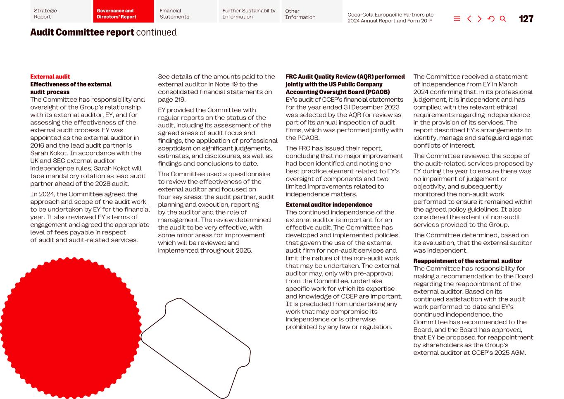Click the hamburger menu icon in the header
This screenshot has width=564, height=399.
[x=457, y=19]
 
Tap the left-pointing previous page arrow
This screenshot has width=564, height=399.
[x=469, y=19]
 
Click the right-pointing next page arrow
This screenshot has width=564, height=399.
[x=480, y=19]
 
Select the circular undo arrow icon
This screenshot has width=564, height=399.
[x=491, y=19]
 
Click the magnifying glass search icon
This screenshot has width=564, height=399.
[x=503, y=19]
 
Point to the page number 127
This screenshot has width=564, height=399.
[x=526, y=19]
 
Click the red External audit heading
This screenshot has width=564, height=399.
[x=50, y=76]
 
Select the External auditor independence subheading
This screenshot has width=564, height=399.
[x=329, y=205]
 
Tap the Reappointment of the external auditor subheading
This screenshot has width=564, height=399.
[x=467, y=261]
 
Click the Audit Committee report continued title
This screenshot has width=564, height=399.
[x=103, y=32]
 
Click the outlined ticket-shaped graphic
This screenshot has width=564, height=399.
[x=196, y=347]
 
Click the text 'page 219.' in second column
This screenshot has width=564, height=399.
[x=172, y=100]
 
